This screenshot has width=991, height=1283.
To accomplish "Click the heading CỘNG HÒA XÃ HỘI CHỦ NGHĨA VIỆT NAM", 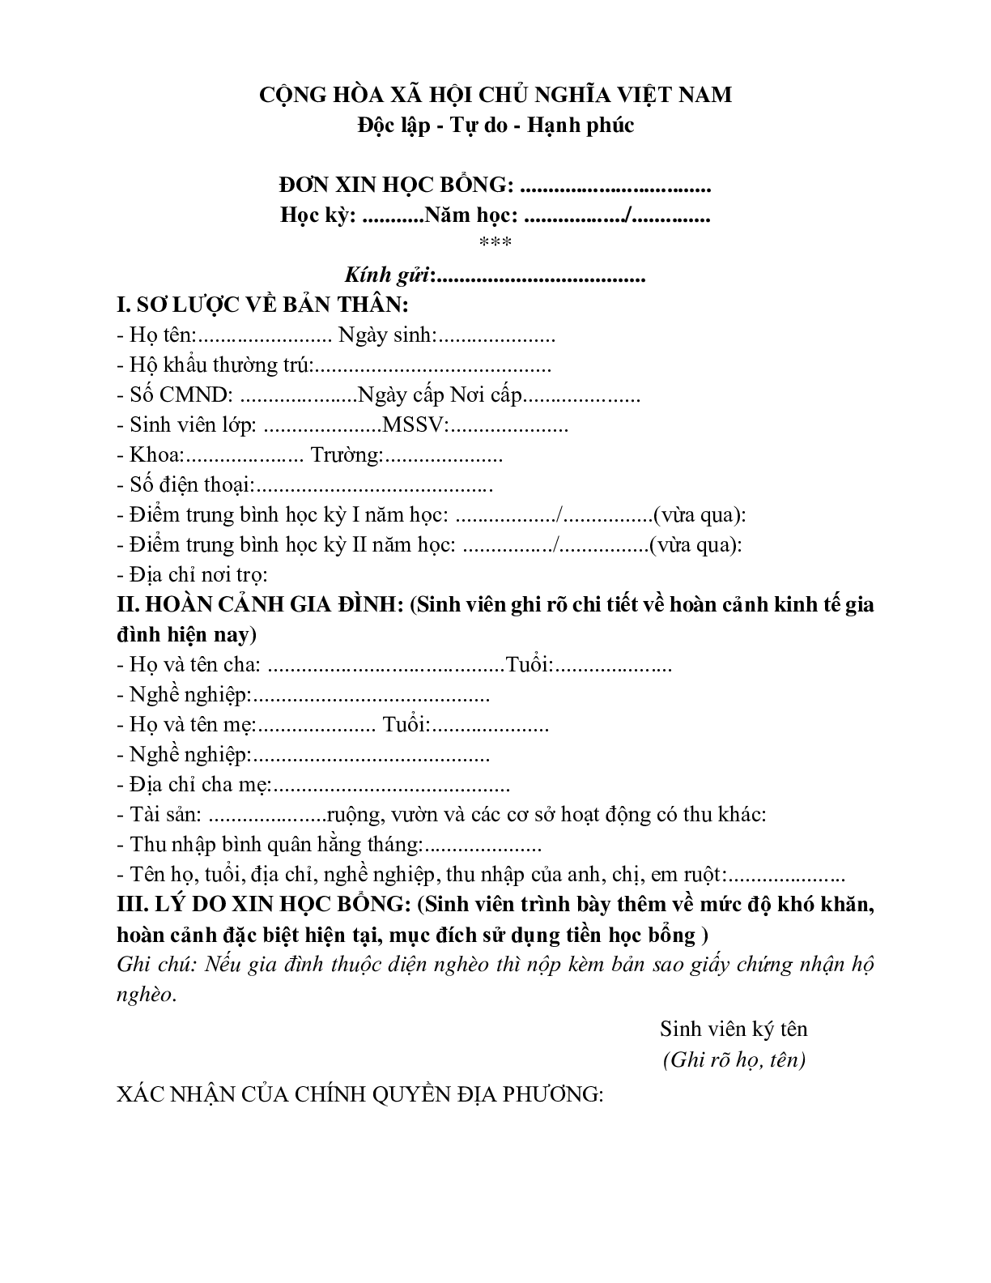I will click(x=495, y=96).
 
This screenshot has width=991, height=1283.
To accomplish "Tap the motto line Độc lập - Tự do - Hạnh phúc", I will click(x=495, y=126).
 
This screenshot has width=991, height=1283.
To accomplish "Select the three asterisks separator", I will click(x=495, y=242).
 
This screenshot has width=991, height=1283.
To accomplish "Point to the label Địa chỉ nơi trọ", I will click(x=198, y=575).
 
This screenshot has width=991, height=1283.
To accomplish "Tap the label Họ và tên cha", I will click(x=194, y=665).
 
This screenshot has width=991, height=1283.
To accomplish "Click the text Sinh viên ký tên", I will click(x=734, y=1029).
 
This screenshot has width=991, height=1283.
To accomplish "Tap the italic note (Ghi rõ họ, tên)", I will click(x=734, y=1060).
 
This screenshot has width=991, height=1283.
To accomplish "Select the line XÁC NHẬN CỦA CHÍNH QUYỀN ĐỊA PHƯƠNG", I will click(x=360, y=1095).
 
